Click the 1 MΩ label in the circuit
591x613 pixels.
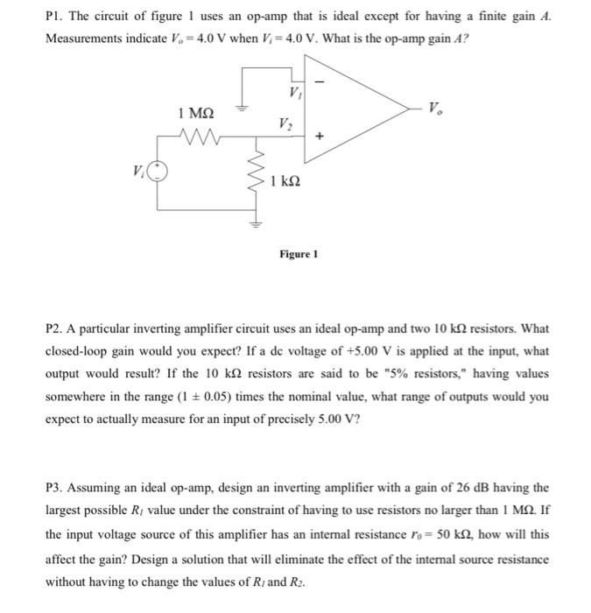pos(194,113)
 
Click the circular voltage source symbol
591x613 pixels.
pos(157,173)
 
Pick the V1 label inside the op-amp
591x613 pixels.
pos(292,91)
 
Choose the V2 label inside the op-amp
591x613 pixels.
pos(285,122)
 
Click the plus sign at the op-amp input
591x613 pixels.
pos(319,137)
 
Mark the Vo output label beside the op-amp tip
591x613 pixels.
pos(435,109)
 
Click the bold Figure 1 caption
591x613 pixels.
pos(299,254)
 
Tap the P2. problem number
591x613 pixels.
pos(57,329)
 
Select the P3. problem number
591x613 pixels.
pos(57,488)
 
